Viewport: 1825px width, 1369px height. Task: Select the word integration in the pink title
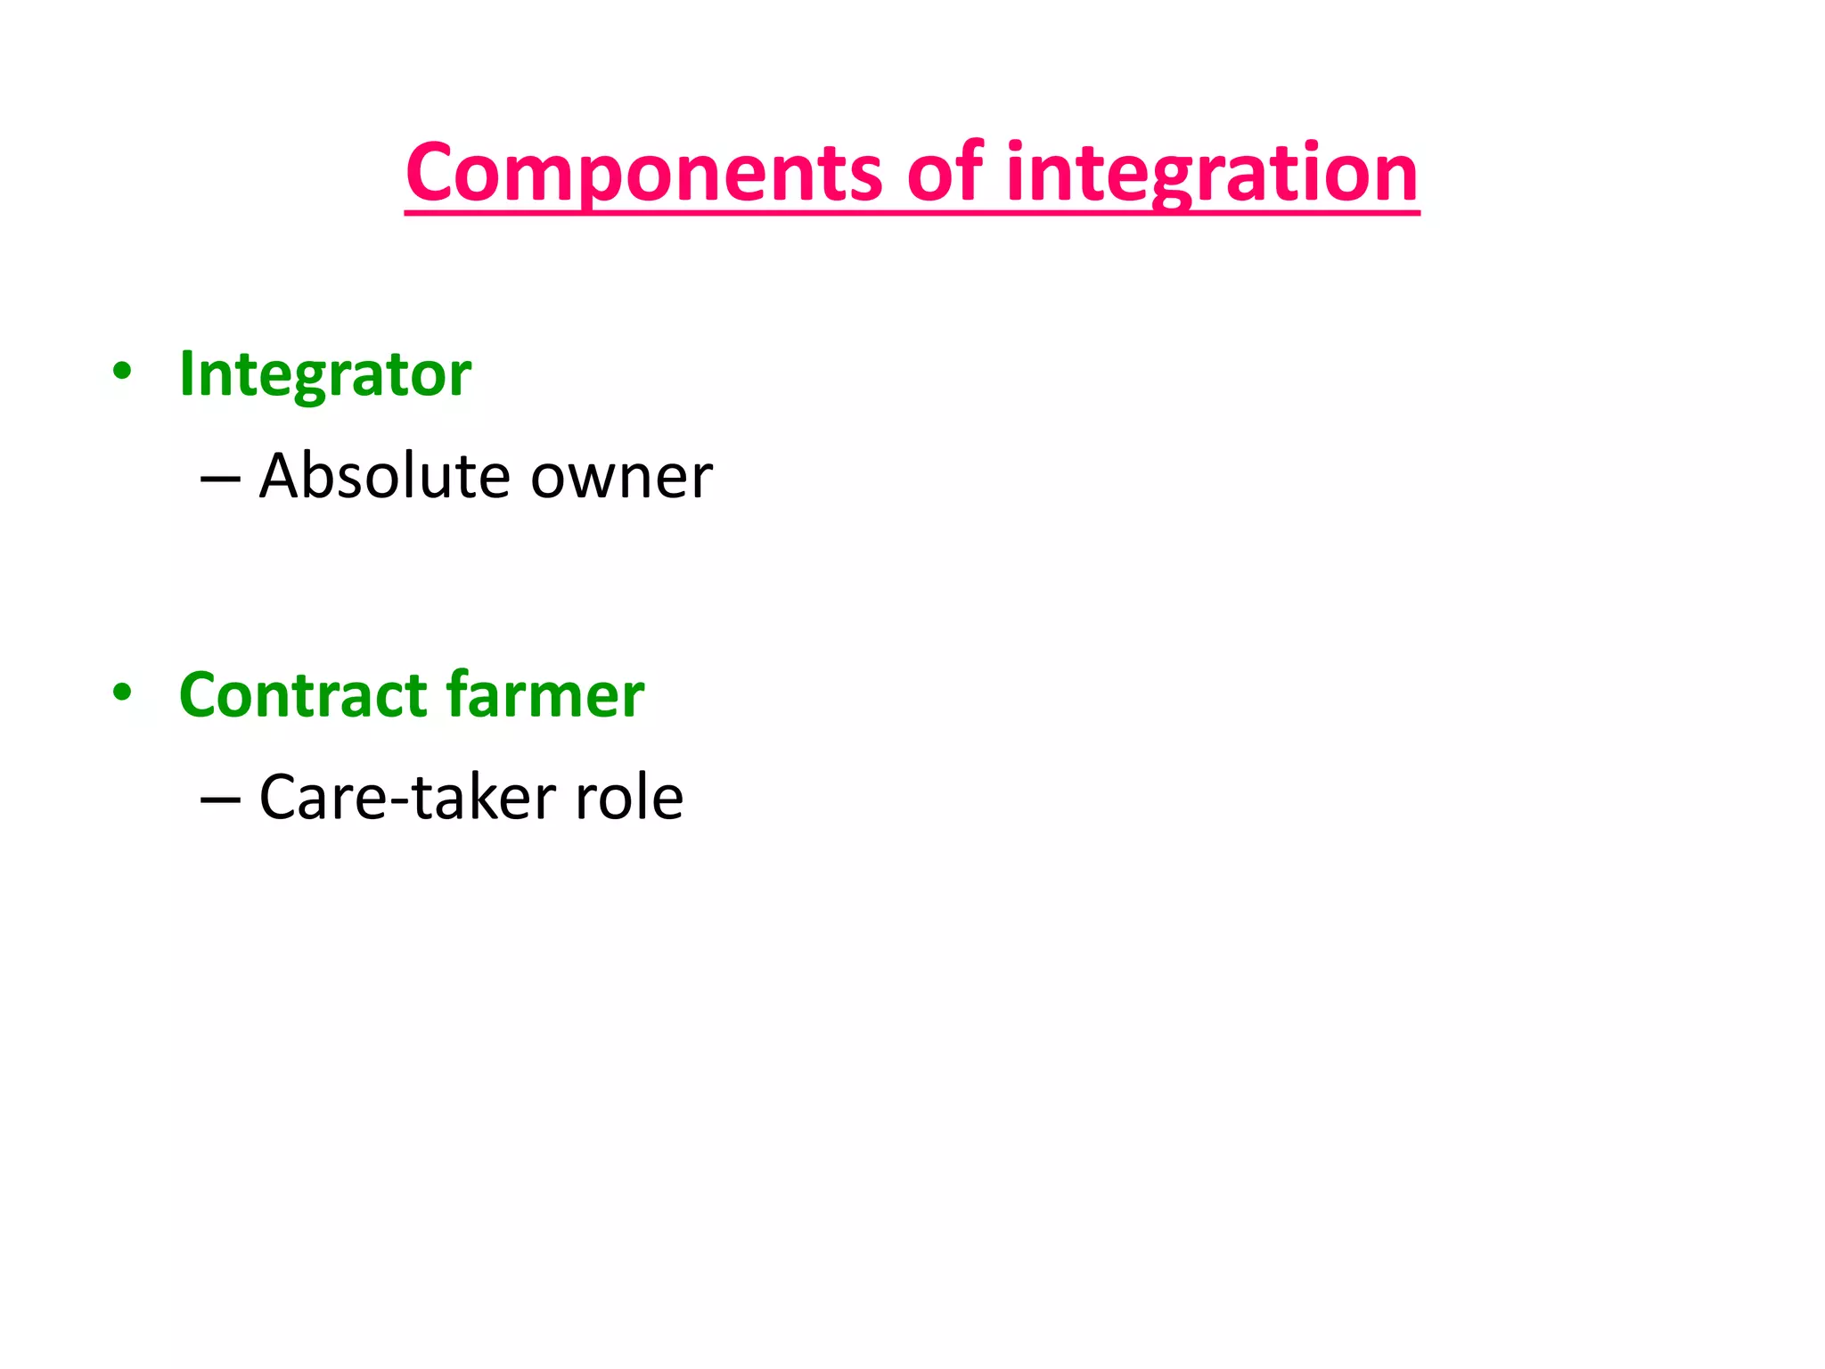click(x=1212, y=174)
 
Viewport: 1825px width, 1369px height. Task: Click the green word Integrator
click(x=325, y=374)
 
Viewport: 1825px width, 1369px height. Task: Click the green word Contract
click(x=303, y=695)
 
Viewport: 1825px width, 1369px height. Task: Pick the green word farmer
click(x=544, y=695)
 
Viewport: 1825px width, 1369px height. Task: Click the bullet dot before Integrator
click(x=122, y=372)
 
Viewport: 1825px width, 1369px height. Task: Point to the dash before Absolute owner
click(x=220, y=480)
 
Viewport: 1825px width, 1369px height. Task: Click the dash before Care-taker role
click(x=220, y=800)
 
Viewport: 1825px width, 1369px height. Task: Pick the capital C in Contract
click(x=201, y=695)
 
